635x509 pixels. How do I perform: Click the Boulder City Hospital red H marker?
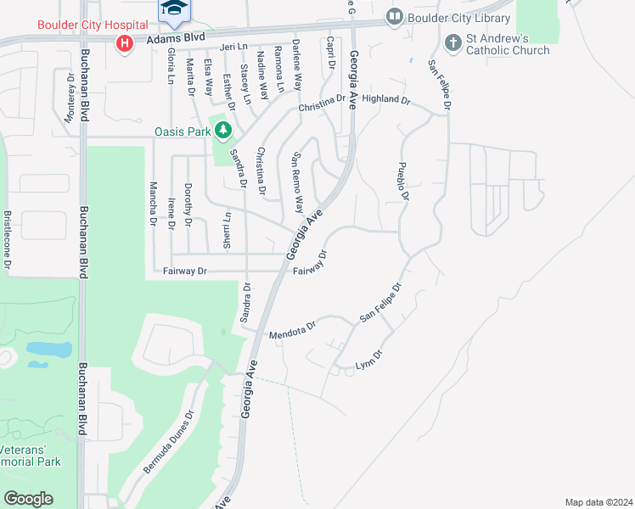click(125, 42)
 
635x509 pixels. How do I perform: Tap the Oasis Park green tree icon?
click(222, 131)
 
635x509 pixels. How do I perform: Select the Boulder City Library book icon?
click(394, 16)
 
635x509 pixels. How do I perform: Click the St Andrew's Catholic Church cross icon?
click(453, 41)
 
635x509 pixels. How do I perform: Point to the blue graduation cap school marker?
click(175, 9)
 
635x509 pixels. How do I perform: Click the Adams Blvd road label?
click(175, 39)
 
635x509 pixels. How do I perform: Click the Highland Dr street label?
click(385, 99)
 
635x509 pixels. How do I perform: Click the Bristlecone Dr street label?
click(7, 241)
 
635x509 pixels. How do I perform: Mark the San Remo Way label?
click(298, 182)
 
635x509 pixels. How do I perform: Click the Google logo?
click(28, 498)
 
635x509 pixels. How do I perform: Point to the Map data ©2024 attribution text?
click(598, 501)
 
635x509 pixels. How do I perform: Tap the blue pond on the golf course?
click(48, 350)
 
